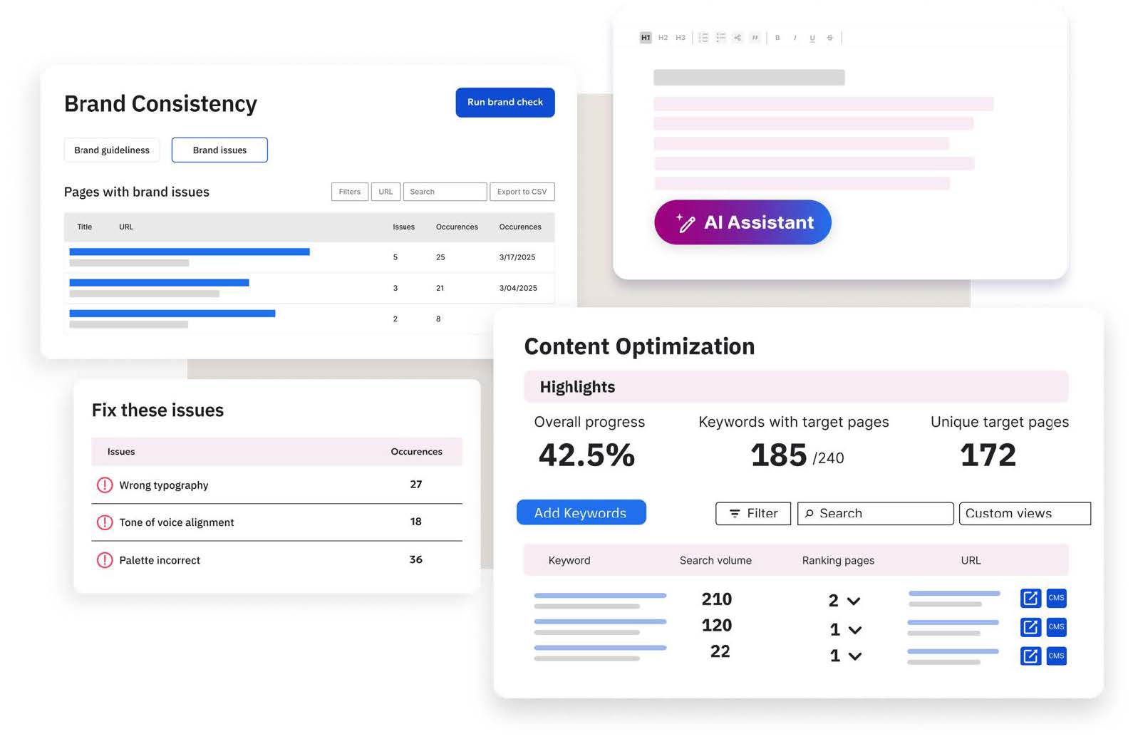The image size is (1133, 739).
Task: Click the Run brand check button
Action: tap(505, 103)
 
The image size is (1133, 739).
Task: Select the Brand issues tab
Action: tap(219, 150)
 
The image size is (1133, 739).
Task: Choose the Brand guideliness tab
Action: tap(112, 150)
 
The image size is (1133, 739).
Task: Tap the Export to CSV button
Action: tap(522, 192)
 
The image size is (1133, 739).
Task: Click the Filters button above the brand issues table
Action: tap(349, 192)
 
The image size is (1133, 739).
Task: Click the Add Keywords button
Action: tap(581, 513)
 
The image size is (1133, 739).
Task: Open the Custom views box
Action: tap(1024, 514)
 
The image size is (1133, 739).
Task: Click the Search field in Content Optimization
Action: tap(875, 514)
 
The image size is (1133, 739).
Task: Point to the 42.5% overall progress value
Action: tap(586, 455)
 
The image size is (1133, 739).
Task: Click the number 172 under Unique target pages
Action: tap(988, 455)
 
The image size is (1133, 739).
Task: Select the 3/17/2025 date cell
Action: tap(517, 257)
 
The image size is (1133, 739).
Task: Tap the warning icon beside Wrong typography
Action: tap(105, 485)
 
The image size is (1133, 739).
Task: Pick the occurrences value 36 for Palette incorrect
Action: tap(416, 560)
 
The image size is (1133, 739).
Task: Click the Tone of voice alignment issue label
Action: tap(177, 522)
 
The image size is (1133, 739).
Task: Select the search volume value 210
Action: tap(716, 599)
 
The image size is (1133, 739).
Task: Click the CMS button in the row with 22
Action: tap(1056, 656)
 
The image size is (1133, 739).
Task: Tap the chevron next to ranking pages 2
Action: tap(854, 601)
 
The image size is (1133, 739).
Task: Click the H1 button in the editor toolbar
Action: tap(646, 38)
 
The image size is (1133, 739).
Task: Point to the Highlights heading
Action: tap(577, 387)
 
